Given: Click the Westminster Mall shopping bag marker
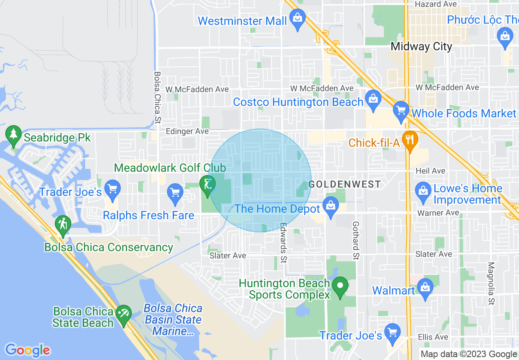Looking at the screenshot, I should point(298,18).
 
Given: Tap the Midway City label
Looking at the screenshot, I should point(421,46).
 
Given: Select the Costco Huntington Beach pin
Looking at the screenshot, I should point(373,99).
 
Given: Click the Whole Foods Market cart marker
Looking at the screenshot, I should point(401,110).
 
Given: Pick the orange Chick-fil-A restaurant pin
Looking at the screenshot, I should point(409,139).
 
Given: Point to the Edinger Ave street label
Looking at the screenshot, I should point(187,131).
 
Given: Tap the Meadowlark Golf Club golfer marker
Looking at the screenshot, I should point(208,184).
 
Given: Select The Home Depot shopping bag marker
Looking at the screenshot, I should point(330,206).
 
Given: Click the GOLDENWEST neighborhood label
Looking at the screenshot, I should point(345,184).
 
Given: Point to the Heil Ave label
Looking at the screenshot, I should point(430,171).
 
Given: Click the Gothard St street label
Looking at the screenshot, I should point(356,241).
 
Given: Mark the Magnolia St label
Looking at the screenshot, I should point(491,284).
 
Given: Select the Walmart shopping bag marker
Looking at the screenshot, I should point(426,288).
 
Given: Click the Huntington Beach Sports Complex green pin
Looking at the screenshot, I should point(339,286).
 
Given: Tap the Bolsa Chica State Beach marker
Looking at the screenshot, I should point(123,314).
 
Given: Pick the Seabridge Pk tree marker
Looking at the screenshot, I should point(14,135).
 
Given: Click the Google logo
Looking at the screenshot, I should point(27,350).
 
